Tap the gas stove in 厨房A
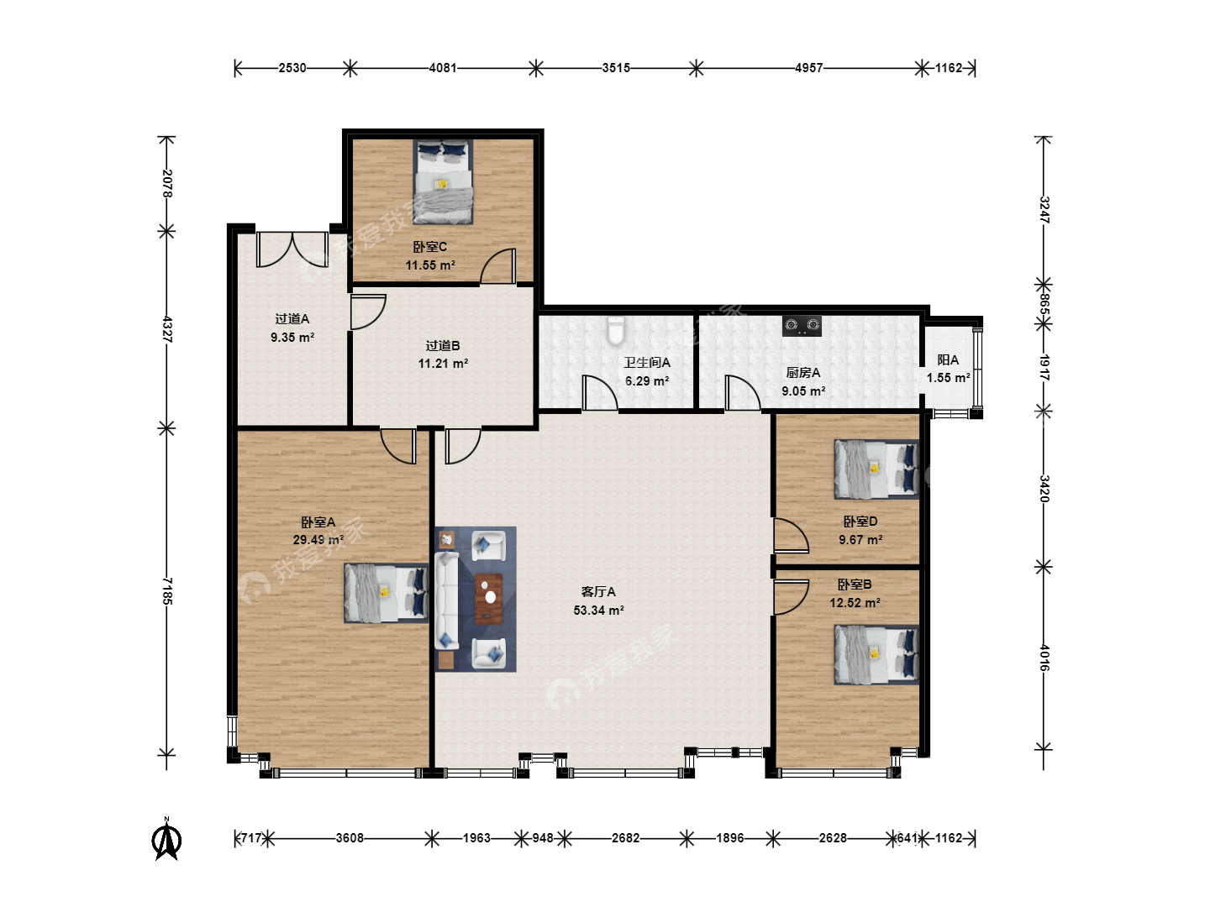[x=802, y=326]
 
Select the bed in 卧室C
[x=443, y=181]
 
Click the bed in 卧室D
[x=876, y=469]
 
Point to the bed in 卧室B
[x=876, y=654]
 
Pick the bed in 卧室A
[x=387, y=593]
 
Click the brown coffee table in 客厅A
[x=489, y=598]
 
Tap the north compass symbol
[x=166, y=839]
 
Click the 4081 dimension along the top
[x=443, y=68]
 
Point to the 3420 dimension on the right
[x=1044, y=489]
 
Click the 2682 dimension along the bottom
[x=626, y=838]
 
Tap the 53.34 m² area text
[x=598, y=611]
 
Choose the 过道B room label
[x=443, y=346]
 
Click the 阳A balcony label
[x=948, y=360]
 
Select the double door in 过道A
[x=292, y=249]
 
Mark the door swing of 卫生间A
[x=600, y=393]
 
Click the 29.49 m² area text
[x=318, y=540]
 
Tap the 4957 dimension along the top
[x=808, y=68]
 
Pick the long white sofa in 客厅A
[x=446, y=600]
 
